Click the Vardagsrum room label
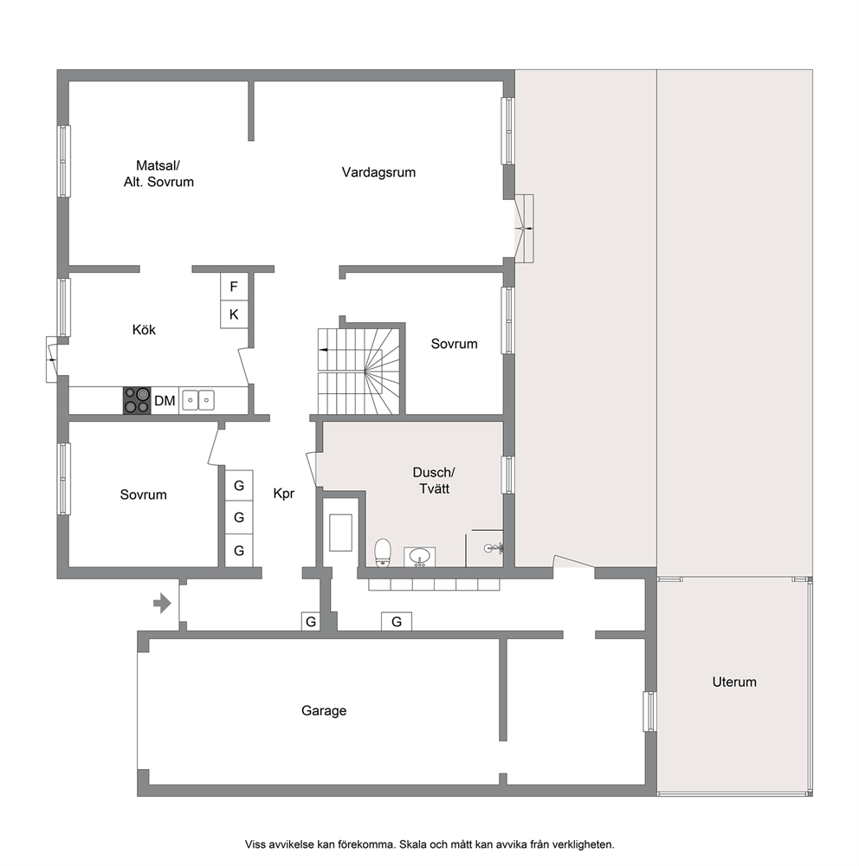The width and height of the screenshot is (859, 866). (x=378, y=172)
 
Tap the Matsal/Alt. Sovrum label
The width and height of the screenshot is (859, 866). (x=158, y=173)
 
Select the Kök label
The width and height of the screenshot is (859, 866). (x=144, y=330)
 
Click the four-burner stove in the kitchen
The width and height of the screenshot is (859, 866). (x=137, y=400)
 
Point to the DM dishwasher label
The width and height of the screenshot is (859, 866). (x=165, y=401)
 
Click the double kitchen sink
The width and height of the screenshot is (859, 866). (x=198, y=400)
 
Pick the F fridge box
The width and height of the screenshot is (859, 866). (x=234, y=287)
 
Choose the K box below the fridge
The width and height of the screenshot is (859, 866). (x=234, y=314)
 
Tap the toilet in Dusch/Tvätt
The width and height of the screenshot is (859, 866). (x=382, y=553)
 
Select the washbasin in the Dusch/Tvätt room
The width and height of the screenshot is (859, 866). (x=420, y=556)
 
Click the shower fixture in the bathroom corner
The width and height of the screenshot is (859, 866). (x=494, y=548)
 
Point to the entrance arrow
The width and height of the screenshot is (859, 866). (x=163, y=603)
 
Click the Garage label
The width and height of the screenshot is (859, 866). (x=324, y=710)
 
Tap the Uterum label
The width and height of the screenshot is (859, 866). (x=734, y=682)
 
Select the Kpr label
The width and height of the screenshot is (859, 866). (x=284, y=494)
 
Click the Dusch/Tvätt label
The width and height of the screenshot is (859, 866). (x=434, y=481)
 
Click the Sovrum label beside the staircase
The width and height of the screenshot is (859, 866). (x=454, y=344)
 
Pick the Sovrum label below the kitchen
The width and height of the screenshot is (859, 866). (x=143, y=494)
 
